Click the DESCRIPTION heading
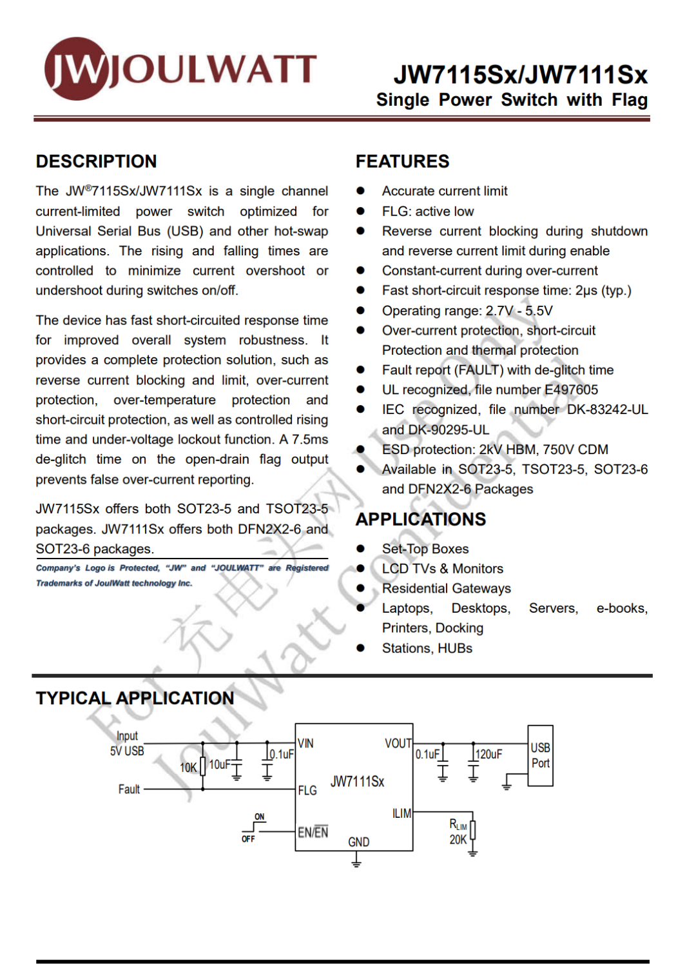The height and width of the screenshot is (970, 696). (x=96, y=161)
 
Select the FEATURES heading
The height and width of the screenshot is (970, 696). (x=402, y=161)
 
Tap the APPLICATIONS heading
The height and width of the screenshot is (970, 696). (x=421, y=519)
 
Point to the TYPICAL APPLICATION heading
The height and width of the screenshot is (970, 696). (x=135, y=698)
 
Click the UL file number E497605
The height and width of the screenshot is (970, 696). (x=571, y=390)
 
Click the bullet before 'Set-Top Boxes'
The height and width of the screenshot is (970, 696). (x=361, y=549)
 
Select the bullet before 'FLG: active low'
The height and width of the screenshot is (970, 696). (x=361, y=212)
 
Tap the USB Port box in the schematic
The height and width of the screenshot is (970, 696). (x=540, y=755)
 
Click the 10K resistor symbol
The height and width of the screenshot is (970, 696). (x=203, y=766)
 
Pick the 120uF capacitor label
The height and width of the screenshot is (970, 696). (x=488, y=754)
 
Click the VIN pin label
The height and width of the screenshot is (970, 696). (x=306, y=744)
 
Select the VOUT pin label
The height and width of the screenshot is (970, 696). (x=398, y=744)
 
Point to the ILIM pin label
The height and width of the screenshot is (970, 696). (x=401, y=813)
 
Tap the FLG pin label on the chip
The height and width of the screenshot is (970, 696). (x=307, y=790)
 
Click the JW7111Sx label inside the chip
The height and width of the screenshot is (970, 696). (x=357, y=782)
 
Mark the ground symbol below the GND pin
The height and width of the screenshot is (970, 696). (x=356, y=860)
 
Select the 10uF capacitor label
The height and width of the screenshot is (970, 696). (x=220, y=764)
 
